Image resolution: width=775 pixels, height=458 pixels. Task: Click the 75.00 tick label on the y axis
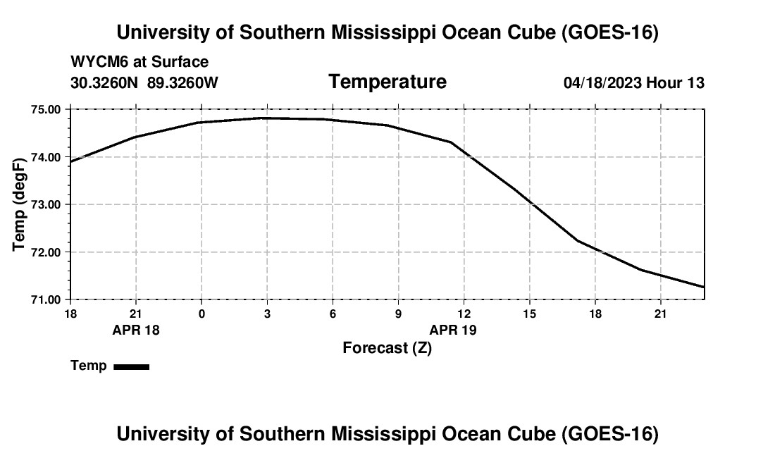pyautogui.click(x=46, y=109)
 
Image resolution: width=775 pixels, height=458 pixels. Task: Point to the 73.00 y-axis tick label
pyautogui.click(x=46, y=204)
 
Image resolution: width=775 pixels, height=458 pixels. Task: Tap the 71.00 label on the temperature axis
pyautogui.click(x=46, y=300)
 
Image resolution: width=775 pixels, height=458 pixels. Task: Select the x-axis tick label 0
pyautogui.click(x=201, y=314)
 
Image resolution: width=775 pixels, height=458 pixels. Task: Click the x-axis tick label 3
pyautogui.click(x=268, y=314)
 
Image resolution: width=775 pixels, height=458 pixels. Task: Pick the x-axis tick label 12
pyautogui.click(x=464, y=314)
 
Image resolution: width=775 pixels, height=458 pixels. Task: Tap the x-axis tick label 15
pyautogui.click(x=529, y=314)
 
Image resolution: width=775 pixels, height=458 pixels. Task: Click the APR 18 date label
pyautogui.click(x=136, y=330)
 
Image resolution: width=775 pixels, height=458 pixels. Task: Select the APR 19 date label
pyautogui.click(x=453, y=330)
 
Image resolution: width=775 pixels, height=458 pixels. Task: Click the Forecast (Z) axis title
pyautogui.click(x=387, y=348)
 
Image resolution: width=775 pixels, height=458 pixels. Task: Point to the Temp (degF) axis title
pyautogui.click(x=19, y=204)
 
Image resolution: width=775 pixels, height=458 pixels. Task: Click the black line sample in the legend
pyautogui.click(x=132, y=366)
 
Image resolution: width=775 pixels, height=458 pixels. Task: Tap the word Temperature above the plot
pyautogui.click(x=387, y=82)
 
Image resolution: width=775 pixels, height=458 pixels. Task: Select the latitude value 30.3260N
pyautogui.click(x=104, y=82)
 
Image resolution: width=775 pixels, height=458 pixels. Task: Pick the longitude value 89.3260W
pyautogui.click(x=182, y=82)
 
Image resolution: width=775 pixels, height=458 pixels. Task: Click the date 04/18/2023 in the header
pyautogui.click(x=602, y=82)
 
